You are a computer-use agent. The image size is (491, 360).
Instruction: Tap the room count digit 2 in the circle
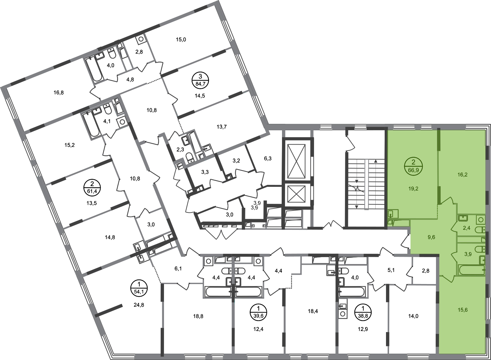413,163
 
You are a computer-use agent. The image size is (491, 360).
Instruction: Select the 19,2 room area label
413,188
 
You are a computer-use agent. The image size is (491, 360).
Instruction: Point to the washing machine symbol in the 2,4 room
481,220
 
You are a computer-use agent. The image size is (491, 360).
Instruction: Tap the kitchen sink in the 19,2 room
391,212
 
